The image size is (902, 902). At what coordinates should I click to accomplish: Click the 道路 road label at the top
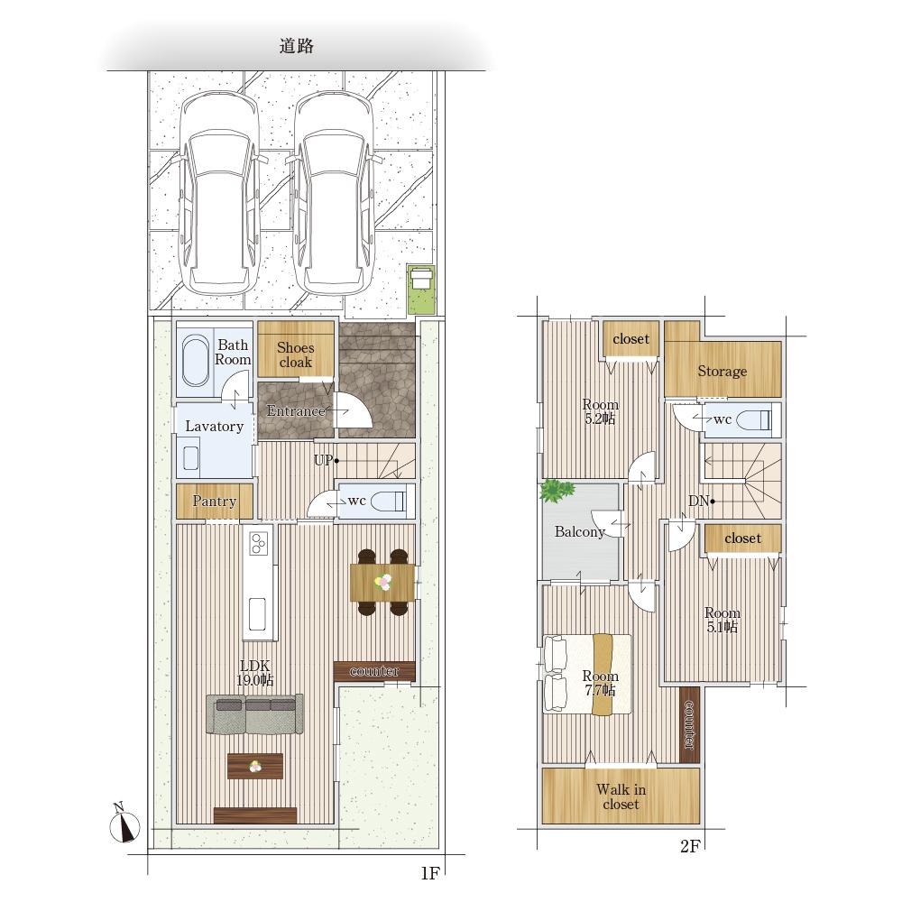point(296,46)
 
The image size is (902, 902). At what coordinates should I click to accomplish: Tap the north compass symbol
point(124,825)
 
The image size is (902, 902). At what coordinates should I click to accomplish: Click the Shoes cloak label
point(296,354)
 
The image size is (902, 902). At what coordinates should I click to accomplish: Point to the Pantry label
point(215,501)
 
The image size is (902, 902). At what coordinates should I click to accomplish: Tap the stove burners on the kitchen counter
point(258,542)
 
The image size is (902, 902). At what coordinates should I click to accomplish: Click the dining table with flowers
point(382,583)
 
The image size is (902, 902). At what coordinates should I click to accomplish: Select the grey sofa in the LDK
point(254,713)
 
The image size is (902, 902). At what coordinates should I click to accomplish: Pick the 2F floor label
point(690,846)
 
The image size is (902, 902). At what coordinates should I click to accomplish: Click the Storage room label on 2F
point(723,372)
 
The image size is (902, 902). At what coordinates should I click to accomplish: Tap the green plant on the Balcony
point(557,491)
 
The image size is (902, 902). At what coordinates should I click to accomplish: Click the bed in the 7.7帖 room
point(587,674)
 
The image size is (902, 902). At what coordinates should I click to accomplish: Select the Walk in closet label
point(621,796)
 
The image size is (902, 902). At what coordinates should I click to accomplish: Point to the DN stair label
point(700,501)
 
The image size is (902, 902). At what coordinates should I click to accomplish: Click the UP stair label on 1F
point(324,460)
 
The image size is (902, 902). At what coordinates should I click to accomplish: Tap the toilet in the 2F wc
point(753,420)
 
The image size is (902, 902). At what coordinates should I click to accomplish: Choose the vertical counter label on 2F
point(689,725)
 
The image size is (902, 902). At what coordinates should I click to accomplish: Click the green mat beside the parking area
point(421,290)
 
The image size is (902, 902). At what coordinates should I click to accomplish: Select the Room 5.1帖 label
point(723,621)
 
